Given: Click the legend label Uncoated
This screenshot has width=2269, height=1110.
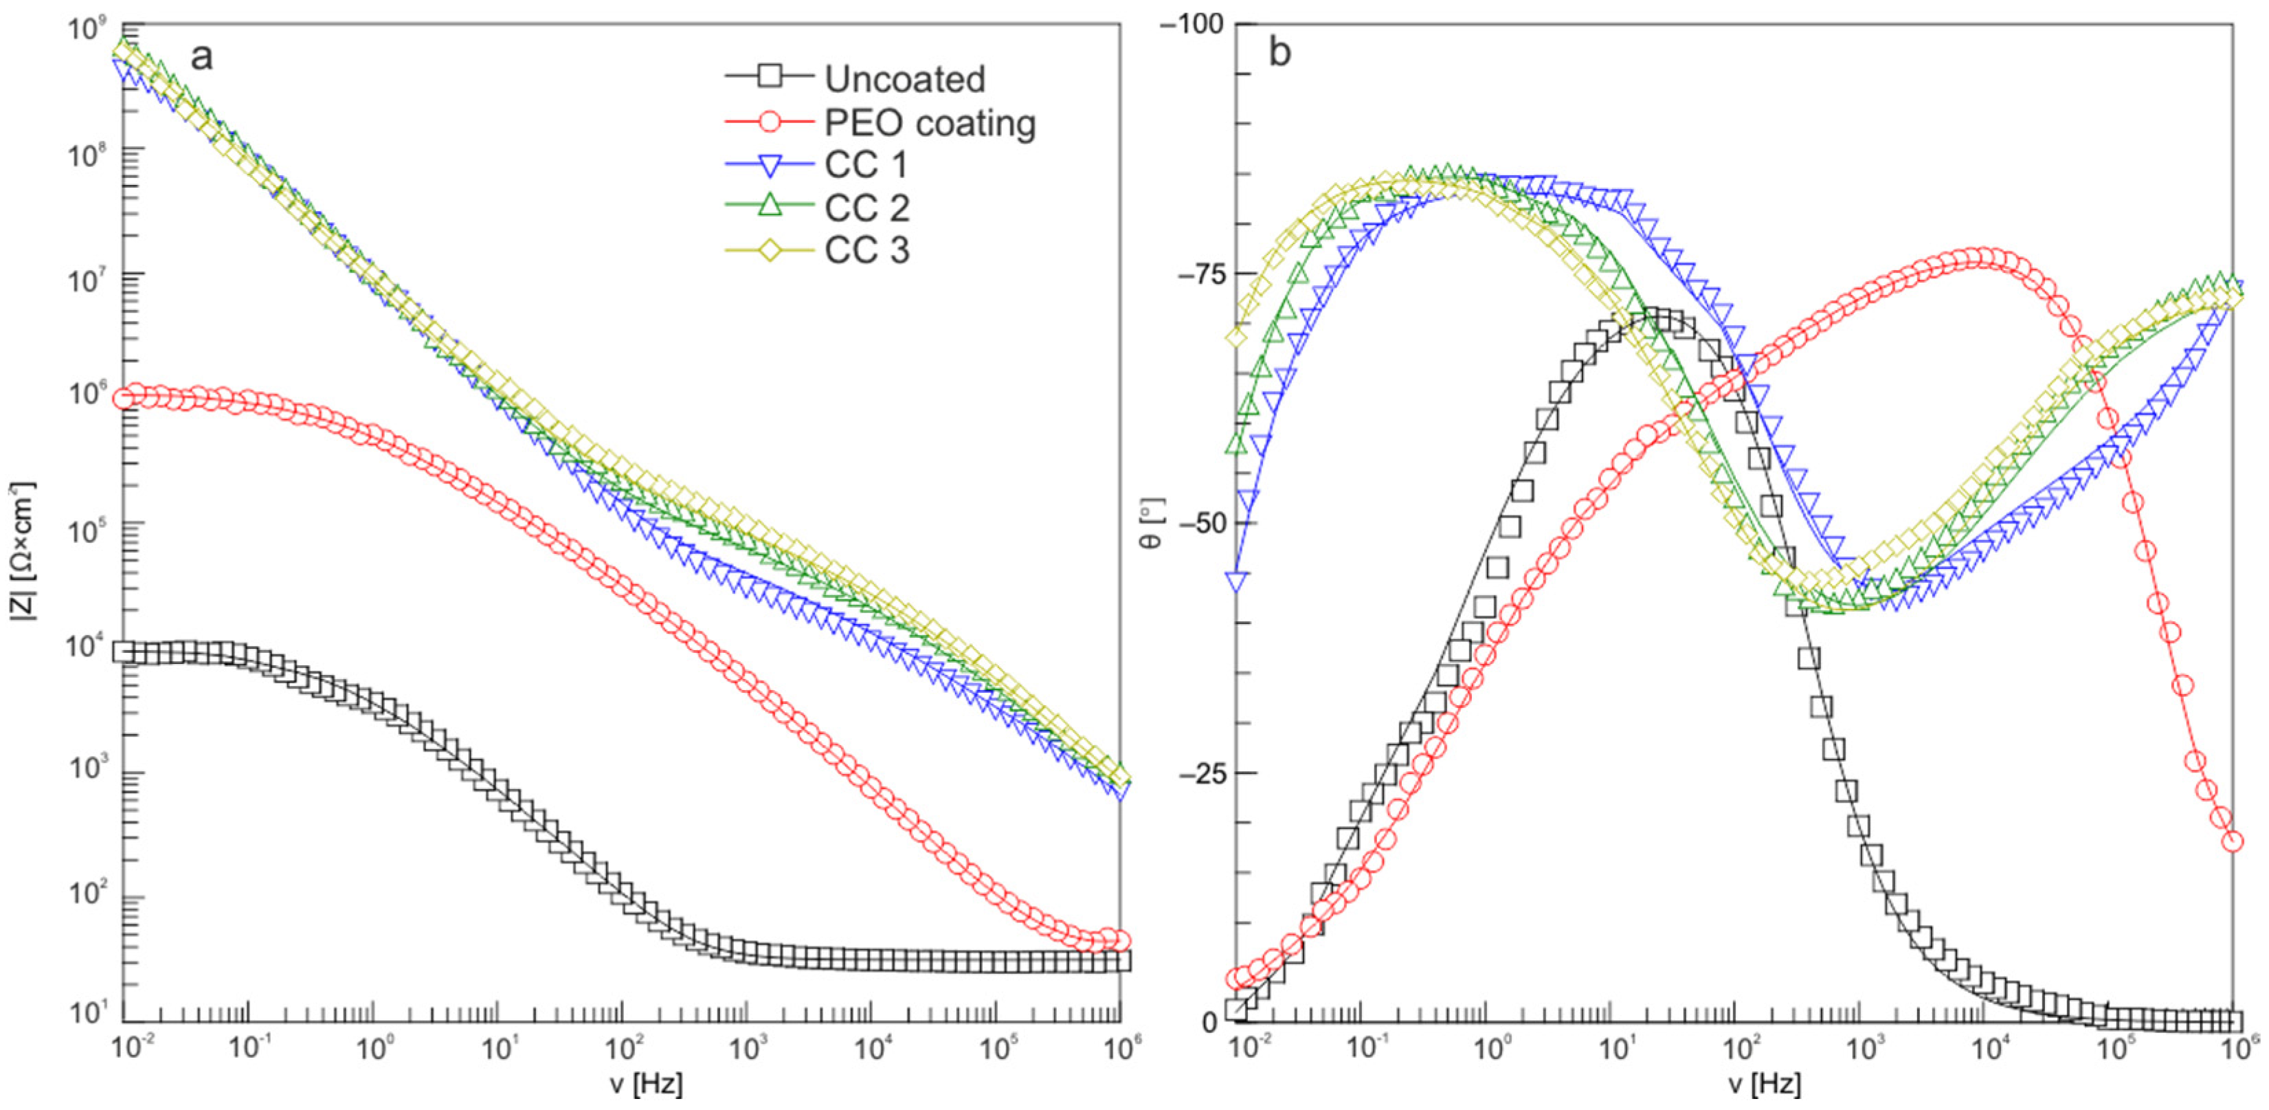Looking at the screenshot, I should [904, 79].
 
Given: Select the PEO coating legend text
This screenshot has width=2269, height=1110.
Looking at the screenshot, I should [929, 122].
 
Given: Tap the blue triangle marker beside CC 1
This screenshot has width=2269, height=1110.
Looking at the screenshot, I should [770, 165].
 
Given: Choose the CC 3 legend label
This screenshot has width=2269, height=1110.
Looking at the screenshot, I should [867, 251].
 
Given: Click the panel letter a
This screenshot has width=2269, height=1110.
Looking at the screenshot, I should [202, 56].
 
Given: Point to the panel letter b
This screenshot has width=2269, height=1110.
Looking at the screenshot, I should [1279, 53].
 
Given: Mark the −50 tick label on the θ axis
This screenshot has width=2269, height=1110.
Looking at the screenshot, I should [1200, 523].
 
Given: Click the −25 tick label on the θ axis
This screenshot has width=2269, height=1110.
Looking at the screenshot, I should [1200, 773].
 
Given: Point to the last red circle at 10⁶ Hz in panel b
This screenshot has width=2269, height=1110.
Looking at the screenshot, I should [2232, 841].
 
